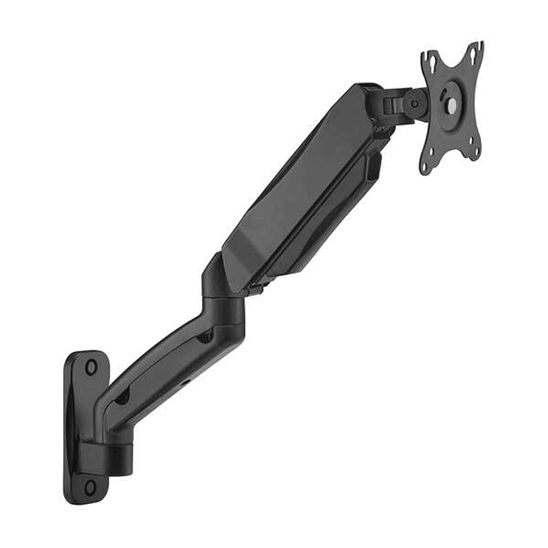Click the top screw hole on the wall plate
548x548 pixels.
click(91, 367)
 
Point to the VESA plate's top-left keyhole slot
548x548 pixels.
click(431, 59)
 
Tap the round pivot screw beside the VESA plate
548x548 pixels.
click(415, 101)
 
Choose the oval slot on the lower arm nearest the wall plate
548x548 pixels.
click(122, 397)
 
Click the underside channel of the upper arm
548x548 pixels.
click(320, 229)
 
